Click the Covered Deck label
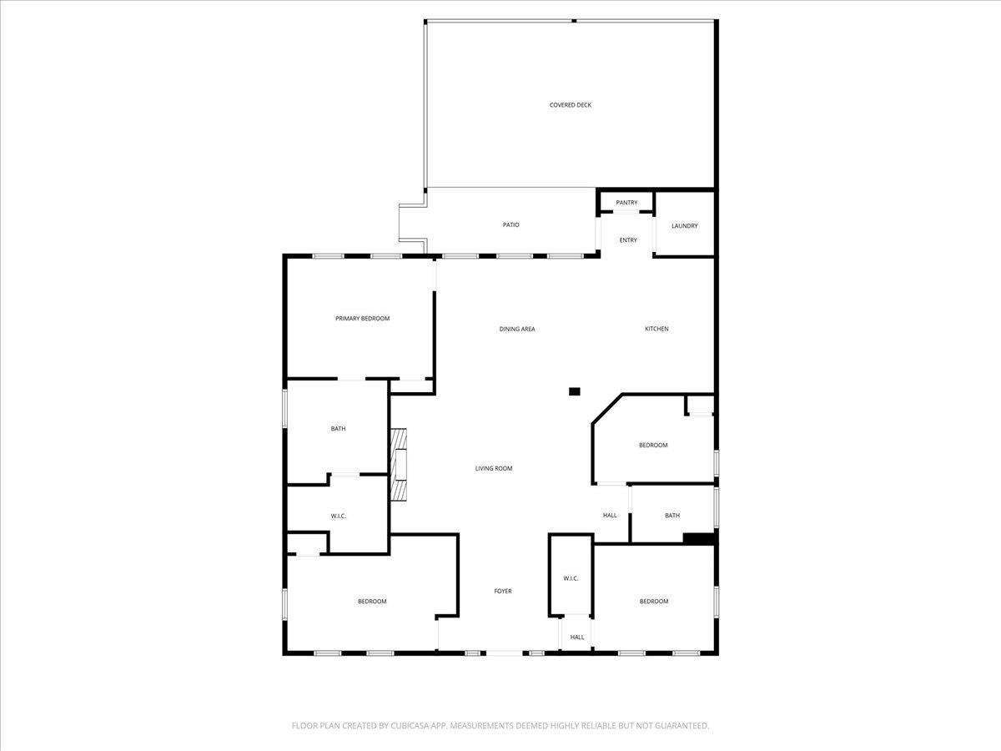coord(571,105)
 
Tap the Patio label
coord(511,225)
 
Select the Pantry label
coord(626,203)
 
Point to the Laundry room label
coord(684,226)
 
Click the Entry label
coord(628,240)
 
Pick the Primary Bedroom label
coord(362,319)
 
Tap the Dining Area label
coord(517,329)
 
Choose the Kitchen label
coord(656,329)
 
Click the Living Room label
coord(494,469)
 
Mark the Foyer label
coord(502,592)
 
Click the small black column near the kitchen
coord(574,391)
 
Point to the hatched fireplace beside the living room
coord(400,464)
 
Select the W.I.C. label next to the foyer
coord(571,578)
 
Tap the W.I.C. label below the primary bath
coord(338,517)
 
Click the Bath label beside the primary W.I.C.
coord(338,429)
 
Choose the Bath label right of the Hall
coord(672,516)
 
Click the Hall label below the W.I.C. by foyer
coord(577,638)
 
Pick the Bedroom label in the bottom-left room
coord(372,602)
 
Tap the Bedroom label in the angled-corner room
coord(653,446)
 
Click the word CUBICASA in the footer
coord(415,726)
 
